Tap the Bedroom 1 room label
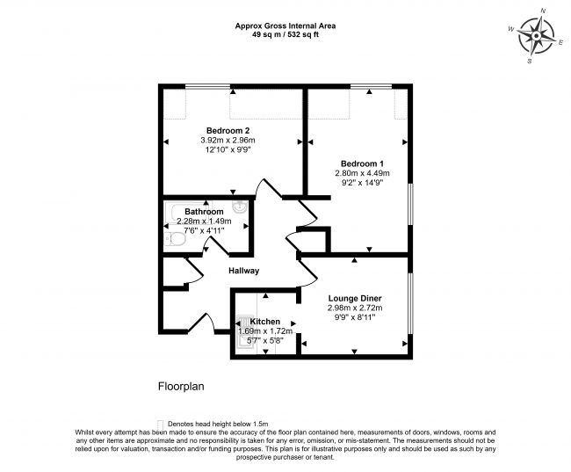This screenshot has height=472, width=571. (362, 163)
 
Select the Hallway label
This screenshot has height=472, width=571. (243, 271)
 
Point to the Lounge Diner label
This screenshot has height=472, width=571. (354, 298)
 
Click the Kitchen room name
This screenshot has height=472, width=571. (264, 322)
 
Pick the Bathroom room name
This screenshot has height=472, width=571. (203, 212)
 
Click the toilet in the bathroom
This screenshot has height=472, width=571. (175, 239)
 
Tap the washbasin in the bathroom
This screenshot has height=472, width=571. (238, 210)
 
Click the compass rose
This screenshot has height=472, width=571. (534, 36)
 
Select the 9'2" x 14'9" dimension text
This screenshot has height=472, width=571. (362, 183)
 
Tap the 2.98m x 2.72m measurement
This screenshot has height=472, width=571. (354, 308)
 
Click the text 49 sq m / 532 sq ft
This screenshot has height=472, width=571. (285, 35)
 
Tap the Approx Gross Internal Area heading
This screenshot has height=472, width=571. (285, 25)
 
